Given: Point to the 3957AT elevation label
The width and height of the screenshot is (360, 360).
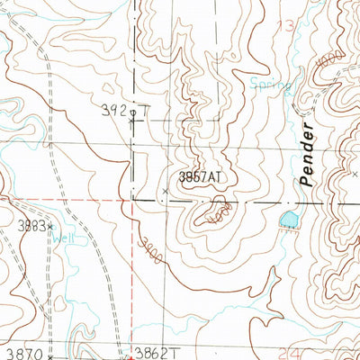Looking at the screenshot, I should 199,178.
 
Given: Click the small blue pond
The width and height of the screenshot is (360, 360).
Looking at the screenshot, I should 288,219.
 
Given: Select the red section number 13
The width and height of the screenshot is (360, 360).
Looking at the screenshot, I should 287,25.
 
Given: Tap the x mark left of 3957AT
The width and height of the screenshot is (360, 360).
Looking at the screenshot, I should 165,191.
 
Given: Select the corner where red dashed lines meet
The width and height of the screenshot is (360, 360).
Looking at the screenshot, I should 131,199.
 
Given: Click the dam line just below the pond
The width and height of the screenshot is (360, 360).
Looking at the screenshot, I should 288,229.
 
